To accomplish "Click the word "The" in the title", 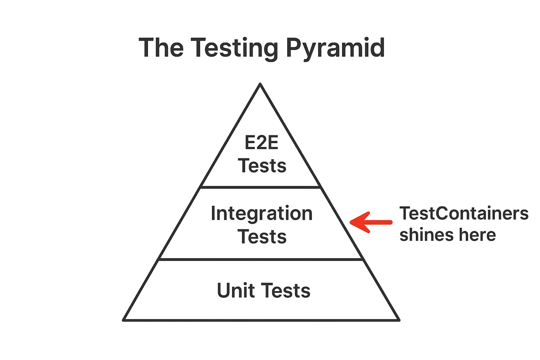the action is click(161, 48).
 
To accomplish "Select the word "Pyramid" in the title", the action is click(335, 49).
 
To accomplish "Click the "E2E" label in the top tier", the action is click(261, 142).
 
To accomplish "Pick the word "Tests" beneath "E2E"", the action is click(262, 166).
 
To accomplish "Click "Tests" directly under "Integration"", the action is click(262, 237).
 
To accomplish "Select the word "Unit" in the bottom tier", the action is click(236, 290).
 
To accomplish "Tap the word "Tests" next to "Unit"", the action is click(286, 291).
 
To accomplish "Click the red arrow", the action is click(371, 222).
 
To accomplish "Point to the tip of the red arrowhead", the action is click(350, 222).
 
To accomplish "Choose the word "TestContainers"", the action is click(464, 213).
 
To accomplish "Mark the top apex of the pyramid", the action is click(260, 84).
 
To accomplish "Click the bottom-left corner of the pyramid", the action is click(123, 320).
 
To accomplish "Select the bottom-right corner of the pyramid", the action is click(399, 320).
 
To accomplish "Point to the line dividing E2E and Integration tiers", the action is click(261, 187).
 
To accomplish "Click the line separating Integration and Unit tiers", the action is click(261, 260).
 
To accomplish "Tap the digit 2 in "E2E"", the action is click(261, 142).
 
